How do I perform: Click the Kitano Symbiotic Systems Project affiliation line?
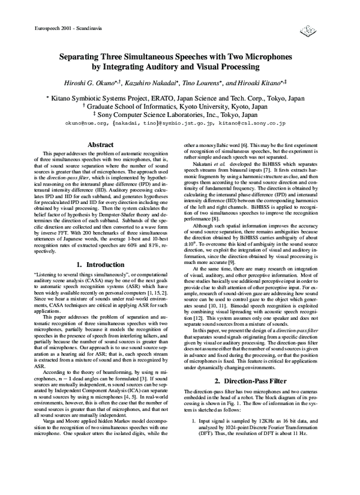[180, 97]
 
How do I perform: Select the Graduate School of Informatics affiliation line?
[180, 106]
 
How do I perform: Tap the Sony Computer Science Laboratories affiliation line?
[180, 114]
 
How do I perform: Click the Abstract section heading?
[101, 145]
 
